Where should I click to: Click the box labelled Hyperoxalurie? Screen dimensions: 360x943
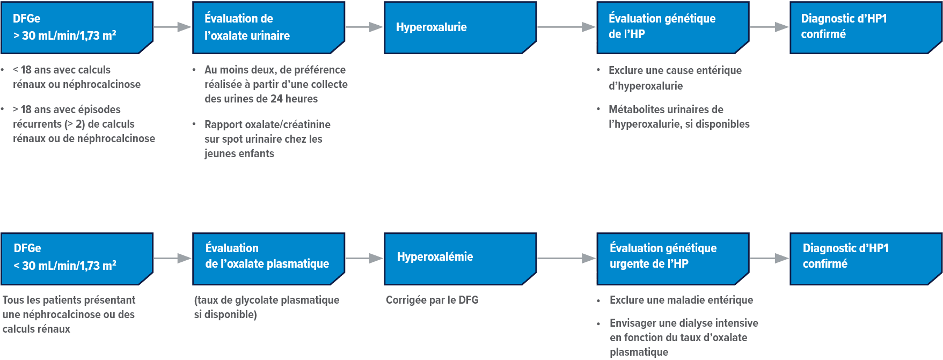460,27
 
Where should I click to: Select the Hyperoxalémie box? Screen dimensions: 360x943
460,258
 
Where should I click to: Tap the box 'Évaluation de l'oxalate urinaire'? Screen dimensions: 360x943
268,27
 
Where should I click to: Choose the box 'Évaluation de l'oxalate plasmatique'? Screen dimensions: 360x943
268,258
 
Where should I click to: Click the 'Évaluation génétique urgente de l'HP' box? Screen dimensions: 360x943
672,258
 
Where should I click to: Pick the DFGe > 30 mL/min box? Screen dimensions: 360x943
77,27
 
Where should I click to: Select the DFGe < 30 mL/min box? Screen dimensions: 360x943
77,258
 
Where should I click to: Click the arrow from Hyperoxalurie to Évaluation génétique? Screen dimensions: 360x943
566,27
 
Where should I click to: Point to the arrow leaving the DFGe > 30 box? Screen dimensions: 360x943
172,27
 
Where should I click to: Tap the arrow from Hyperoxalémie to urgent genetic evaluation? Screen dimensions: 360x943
566,258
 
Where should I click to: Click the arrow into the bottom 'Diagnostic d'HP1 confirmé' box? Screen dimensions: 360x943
769,258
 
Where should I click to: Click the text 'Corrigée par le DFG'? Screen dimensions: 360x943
432,300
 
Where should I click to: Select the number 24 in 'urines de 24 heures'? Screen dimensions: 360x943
276,99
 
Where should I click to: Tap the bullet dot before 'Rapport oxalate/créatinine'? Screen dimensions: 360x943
194,124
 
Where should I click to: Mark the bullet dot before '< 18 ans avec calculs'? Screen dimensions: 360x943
3,70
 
